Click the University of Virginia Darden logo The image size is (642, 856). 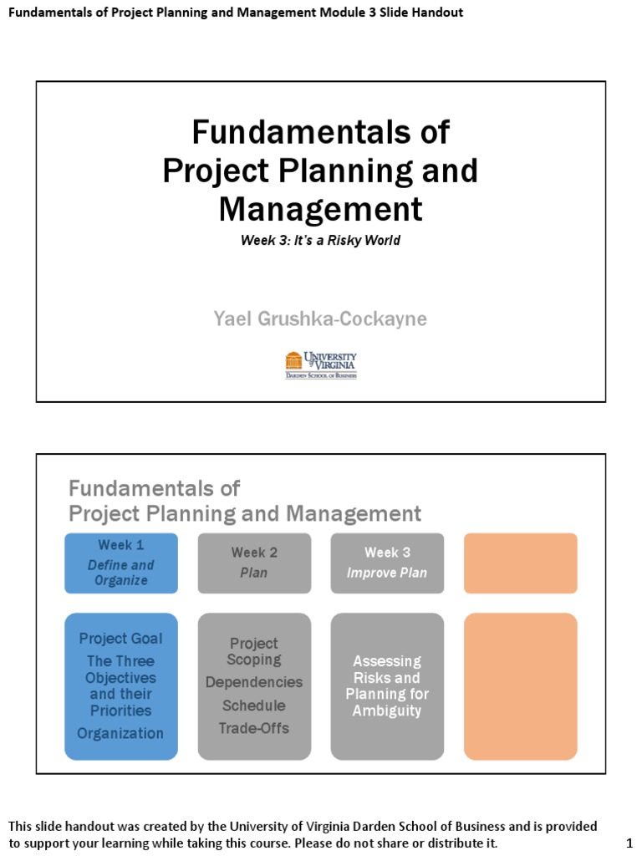[x=321, y=365]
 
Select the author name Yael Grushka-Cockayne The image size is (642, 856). [x=321, y=318]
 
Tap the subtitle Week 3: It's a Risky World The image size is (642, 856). [x=321, y=241]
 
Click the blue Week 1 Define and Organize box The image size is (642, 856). [x=121, y=563]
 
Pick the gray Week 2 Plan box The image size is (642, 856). [x=254, y=563]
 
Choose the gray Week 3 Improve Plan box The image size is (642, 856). [x=387, y=563]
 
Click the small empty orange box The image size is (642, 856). [x=520, y=563]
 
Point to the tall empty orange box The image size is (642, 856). [x=520, y=686]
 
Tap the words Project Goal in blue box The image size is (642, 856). [x=121, y=639]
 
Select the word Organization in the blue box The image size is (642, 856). [x=121, y=734]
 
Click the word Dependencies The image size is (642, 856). [x=254, y=683]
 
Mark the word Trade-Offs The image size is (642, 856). [x=254, y=728]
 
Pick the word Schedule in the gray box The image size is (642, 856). [x=254, y=706]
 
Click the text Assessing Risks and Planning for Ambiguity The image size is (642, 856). [x=387, y=686]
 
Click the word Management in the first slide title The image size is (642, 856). [x=321, y=209]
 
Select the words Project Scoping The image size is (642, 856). [x=254, y=652]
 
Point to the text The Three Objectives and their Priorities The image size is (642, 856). [x=121, y=686]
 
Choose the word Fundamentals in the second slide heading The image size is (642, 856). [x=154, y=488]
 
